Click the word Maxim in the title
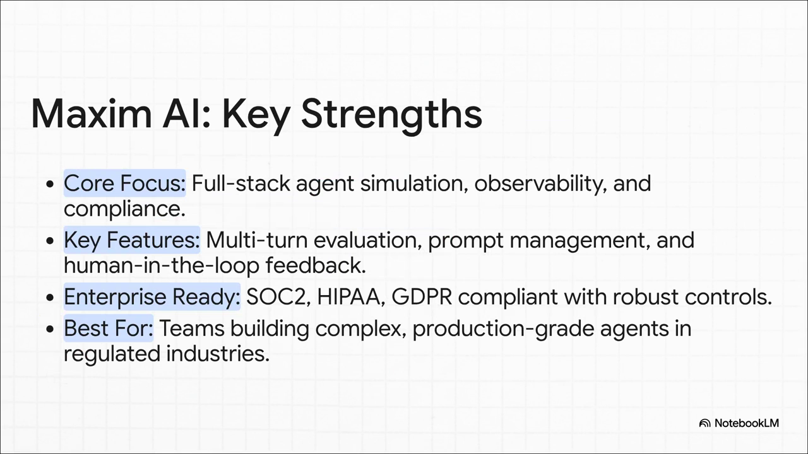(92, 113)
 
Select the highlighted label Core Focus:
(125, 183)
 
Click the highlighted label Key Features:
(132, 240)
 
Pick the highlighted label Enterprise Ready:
(152, 297)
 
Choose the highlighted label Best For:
(109, 329)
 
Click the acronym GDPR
(422, 297)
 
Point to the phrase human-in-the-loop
(162, 266)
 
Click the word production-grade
(503, 329)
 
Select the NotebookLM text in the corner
(747, 423)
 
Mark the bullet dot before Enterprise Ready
(50, 298)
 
